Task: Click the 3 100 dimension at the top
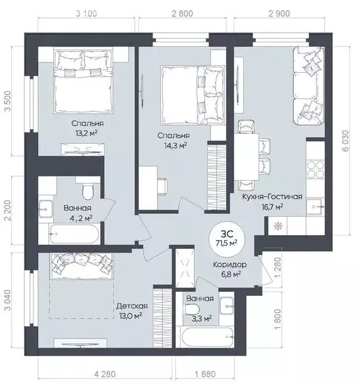[x=86, y=13]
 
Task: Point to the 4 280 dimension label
[x=104, y=375]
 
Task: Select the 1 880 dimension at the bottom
[x=205, y=375]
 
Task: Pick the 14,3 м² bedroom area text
[x=175, y=145]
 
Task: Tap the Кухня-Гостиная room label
[x=272, y=197]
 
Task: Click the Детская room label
[x=132, y=306]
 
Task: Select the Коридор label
[x=229, y=265]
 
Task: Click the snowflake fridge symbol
[x=277, y=226]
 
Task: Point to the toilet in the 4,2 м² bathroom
[x=88, y=192]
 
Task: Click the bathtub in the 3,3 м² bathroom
[x=207, y=336]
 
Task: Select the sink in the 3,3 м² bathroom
[x=226, y=305]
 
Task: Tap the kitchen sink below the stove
[x=315, y=207]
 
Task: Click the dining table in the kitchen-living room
[x=246, y=157]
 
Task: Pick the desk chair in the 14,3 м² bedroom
[x=163, y=186]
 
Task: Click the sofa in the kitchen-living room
[x=309, y=86]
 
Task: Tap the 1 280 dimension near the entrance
[x=277, y=267]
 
